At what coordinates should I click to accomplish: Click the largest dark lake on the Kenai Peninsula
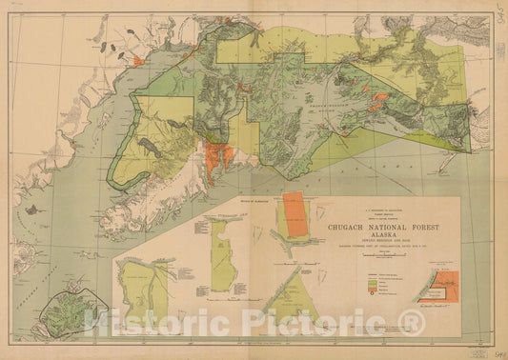pos(152,120)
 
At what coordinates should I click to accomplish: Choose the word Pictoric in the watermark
pos(319,324)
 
